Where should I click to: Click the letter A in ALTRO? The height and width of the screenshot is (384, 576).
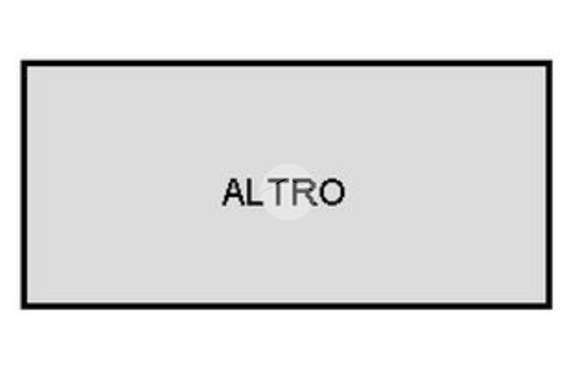(234, 192)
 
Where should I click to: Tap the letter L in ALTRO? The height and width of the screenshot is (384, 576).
(255, 192)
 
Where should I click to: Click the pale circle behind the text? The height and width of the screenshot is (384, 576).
(289, 192)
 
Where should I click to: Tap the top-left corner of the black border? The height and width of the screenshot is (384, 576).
(21, 61)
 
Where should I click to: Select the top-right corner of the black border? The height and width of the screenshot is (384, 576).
(552, 61)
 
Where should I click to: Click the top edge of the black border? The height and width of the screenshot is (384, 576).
(286, 64)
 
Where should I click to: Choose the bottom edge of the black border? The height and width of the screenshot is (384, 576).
(286, 306)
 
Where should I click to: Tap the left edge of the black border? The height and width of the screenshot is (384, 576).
(24, 185)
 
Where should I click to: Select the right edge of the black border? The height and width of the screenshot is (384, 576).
(549, 185)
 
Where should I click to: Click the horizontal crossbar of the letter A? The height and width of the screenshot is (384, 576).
(233, 197)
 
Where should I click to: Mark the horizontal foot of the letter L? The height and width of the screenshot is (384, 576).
(256, 204)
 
